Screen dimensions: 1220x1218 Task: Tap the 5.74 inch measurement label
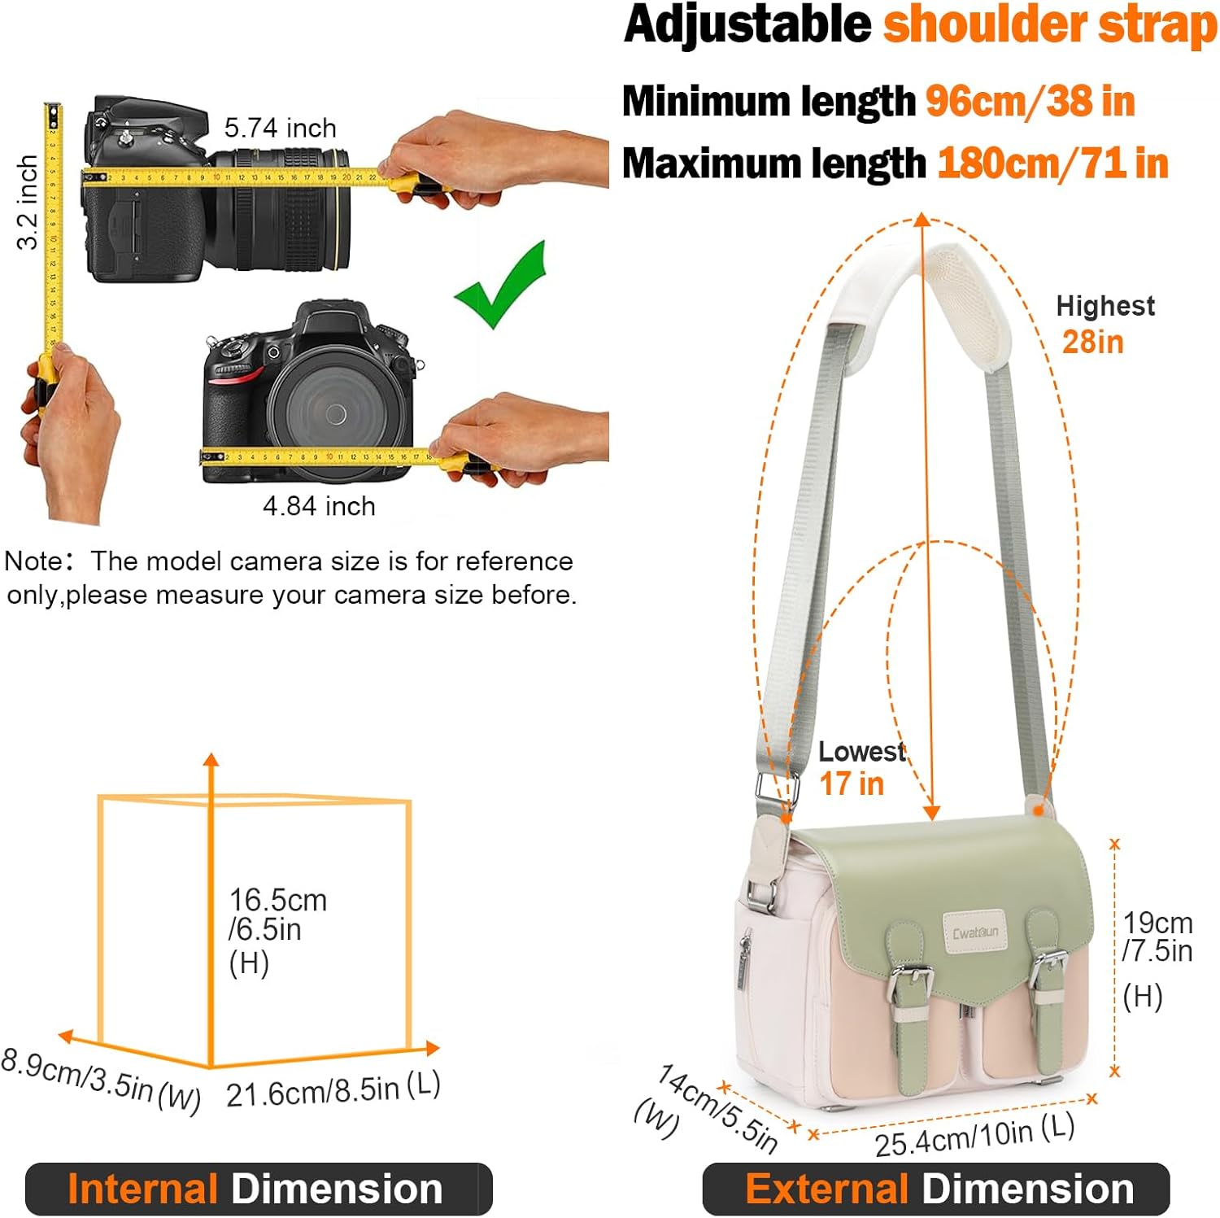point(280,128)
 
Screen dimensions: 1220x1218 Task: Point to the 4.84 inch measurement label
point(319,506)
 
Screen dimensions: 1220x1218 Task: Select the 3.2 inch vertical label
point(27,202)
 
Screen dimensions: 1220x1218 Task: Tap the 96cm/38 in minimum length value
point(1030,102)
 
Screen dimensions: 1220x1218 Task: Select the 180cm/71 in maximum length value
point(1052,164)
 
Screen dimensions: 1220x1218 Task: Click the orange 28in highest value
point(1092,343)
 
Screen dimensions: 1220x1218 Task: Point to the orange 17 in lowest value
point(851,784)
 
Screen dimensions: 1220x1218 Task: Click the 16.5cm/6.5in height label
point(277,915)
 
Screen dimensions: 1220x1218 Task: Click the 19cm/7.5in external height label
point(1157,936)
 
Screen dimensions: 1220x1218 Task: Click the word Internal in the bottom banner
point(142,1189)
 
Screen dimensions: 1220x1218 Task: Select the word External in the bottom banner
point(826,1189)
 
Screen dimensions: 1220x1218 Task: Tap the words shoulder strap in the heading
point(1050,24)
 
